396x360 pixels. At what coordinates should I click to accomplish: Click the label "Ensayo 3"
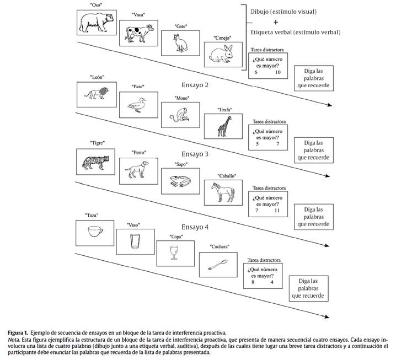(195, 154)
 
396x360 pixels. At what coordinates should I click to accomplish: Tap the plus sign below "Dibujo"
(290, 22)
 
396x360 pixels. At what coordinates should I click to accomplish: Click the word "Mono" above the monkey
(181, 98)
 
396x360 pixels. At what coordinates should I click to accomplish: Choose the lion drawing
(97, 94)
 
